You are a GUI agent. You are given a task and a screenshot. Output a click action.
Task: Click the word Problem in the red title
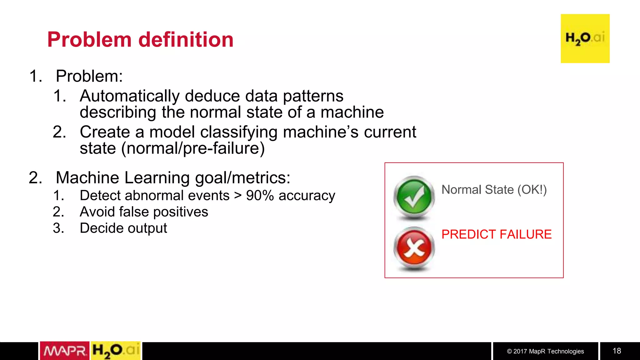tap(89, 40)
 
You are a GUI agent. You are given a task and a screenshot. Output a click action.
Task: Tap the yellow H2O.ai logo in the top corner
tap(585, 38)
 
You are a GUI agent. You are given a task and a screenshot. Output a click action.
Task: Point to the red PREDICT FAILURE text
tap(496, 234)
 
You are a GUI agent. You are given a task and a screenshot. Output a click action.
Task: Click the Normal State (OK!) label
tap(494, 190)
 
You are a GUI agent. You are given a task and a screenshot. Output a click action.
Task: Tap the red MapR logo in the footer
tap(65, 351)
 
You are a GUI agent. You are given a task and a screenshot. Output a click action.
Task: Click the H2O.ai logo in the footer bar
tap(116, 351)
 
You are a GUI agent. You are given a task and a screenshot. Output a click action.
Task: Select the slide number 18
tap(617, 351)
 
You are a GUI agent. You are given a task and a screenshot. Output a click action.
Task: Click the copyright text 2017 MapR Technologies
tap(545, 351)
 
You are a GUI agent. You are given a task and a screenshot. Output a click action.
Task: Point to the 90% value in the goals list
tap(260, 196)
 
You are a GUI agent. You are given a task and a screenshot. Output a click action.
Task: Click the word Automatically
tap(130, 96)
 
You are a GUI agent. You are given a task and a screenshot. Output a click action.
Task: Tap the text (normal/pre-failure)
tap(193, 148)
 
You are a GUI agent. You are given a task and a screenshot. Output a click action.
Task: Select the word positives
tap(181, 212)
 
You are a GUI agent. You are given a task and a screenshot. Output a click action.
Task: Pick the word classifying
tap(239, 132)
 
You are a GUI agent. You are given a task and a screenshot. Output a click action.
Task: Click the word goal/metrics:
tap(242, 178)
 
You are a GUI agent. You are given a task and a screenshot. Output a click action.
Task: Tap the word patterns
tap(313, 97)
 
